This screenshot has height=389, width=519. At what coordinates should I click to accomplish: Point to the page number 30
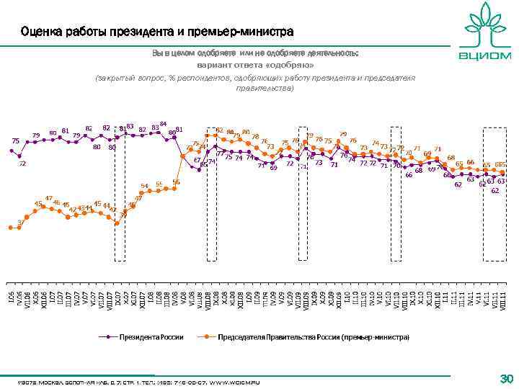pos(505,378)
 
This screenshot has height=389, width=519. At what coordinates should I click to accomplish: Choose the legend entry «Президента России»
pos(151,336)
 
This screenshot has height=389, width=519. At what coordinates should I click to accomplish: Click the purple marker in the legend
pos(108,336)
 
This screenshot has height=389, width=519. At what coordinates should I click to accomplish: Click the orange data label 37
pos(21,222)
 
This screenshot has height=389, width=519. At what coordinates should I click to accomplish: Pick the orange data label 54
pos(144,186)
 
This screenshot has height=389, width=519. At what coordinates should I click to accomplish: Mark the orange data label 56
pos(176,182)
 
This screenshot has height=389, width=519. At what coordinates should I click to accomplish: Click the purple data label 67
pos(197,159)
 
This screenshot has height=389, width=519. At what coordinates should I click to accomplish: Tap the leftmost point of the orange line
pos(11,228)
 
